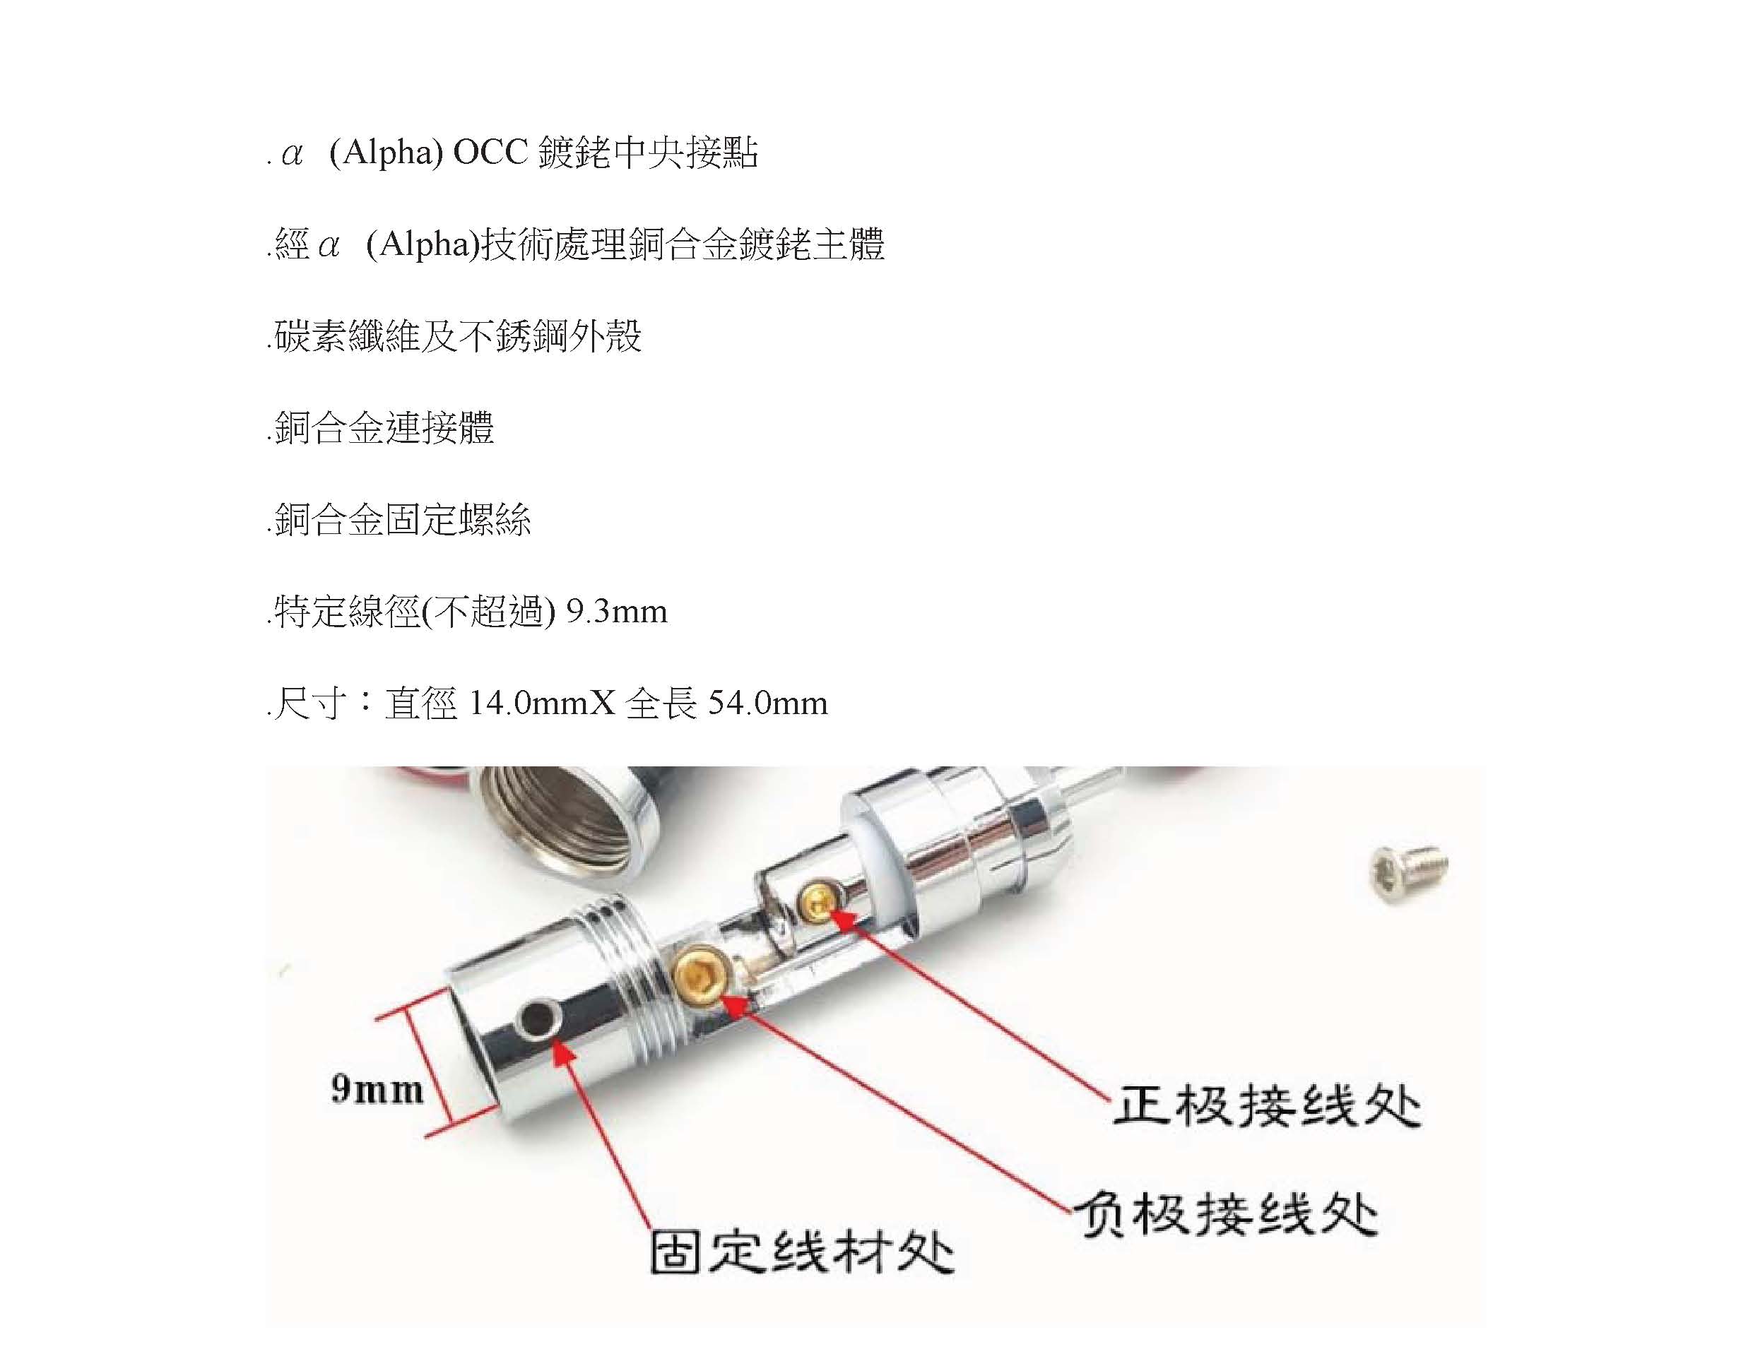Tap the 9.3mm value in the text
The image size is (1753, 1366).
(x=616, y=612)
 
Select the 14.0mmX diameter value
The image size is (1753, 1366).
(x=541, y=703)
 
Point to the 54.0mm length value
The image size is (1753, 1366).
(x=767, y=703)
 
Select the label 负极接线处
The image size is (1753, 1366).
(x=1226, y=1213)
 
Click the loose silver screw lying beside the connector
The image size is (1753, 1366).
(x=1409, y=872)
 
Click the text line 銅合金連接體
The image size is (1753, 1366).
(x=382, y=428)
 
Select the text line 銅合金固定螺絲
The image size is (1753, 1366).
(x=400, y=519)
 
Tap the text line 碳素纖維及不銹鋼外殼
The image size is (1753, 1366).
(x=455, y=336)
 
